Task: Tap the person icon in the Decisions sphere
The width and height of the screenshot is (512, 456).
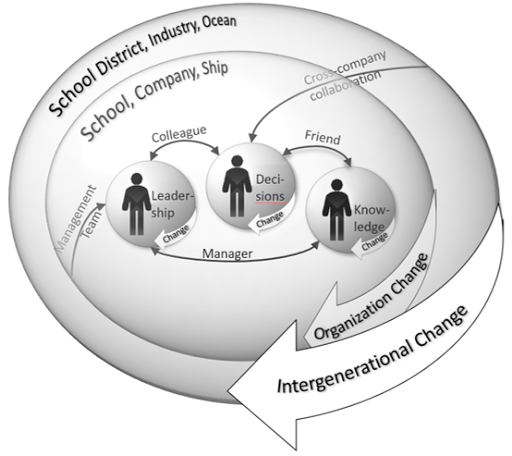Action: click(x=237, y=186)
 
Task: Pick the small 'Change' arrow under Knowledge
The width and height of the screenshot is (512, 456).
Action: click(x=371, y=242)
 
